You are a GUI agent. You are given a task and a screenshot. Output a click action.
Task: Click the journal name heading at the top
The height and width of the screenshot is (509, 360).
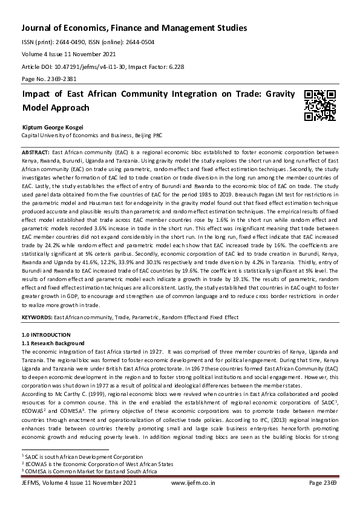tap(134, 28)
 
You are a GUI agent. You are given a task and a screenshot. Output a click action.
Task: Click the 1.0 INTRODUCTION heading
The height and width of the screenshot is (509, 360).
tap(46, 335)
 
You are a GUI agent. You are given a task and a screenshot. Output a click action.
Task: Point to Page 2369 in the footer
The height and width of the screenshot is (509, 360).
tap(323, 484)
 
